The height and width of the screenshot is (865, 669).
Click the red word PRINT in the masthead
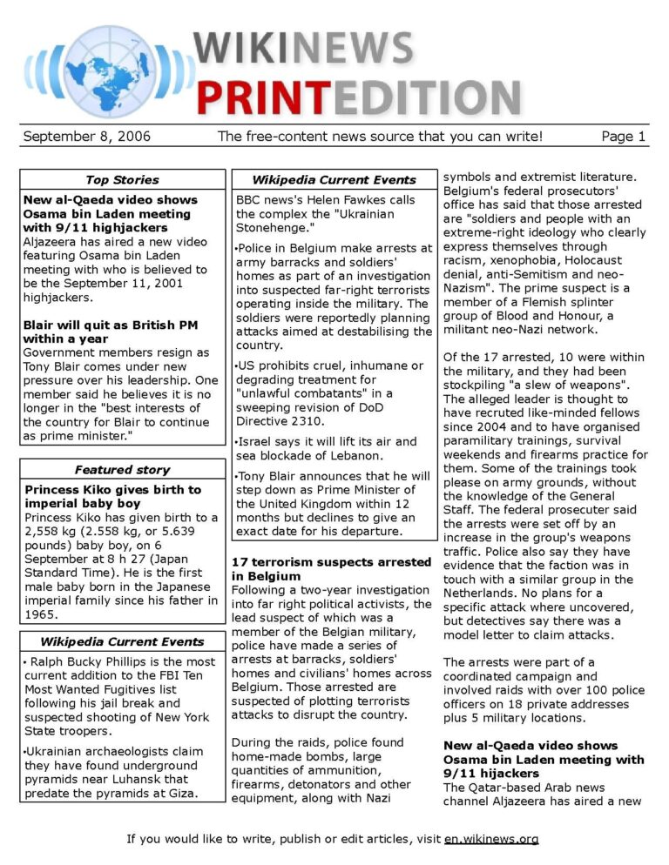pos(266,97)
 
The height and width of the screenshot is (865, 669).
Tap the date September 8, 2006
pos(87,137)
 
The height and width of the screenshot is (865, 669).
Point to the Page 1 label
pos(624,137)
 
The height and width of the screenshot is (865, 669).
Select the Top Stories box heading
pos(122,180)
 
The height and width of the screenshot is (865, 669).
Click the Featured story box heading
pos(122,470)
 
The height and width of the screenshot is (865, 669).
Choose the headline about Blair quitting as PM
pos(111,332)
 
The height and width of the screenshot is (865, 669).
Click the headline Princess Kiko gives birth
pos(112,497)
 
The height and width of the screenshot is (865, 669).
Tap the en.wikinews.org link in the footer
pos(491,840)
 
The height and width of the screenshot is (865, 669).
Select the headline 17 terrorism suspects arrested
pos(331,569)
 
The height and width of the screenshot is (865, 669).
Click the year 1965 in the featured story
pos(42,614)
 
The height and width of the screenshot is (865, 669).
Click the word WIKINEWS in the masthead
pos(304,48)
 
